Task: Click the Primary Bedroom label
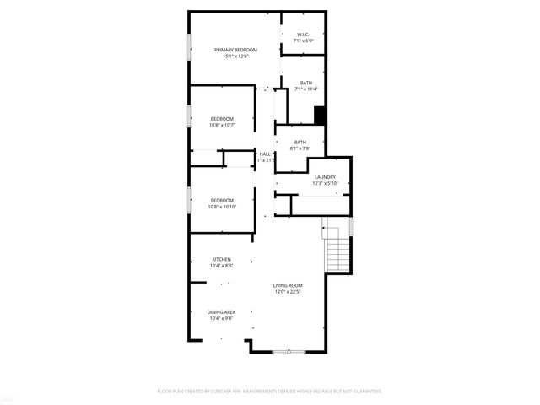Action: coord(235,50)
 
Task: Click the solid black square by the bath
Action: coord(320,116)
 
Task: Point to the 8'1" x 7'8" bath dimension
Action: coord(300,148)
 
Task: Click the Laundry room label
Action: coord(325,176)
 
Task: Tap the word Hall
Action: coord(265,154)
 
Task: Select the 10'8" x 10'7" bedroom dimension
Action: coord(222,125)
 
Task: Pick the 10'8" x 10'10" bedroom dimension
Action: coord(222,206)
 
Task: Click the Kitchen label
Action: coord(221,259)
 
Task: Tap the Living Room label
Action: coord(288,285)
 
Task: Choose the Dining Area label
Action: coord(221,311)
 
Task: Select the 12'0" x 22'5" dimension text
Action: coord(288,292)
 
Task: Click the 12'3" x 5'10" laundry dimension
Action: coord(325,183)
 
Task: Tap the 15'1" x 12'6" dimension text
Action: coord(235,57)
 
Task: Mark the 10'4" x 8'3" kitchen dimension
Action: coord(221,266)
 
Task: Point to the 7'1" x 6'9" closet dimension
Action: coord(303,41)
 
